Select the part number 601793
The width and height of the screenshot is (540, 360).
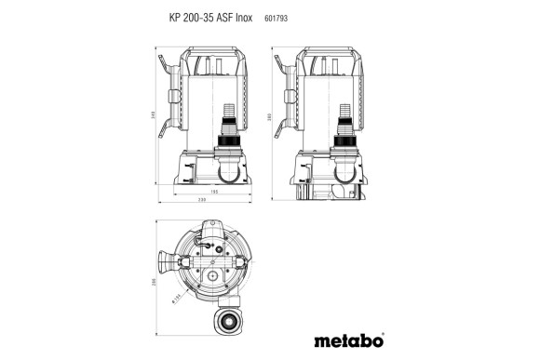[277, 18]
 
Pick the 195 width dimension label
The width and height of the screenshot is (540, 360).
[213, 192]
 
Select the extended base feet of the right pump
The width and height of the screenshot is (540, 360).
[330, 191]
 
